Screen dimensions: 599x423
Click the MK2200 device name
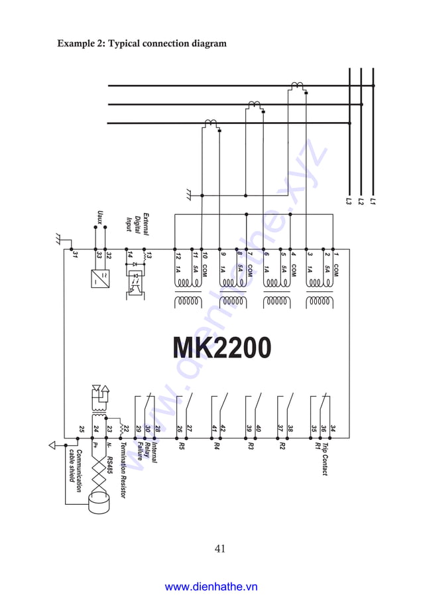[x=221, y=348]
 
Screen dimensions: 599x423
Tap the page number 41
[x=221, y=548]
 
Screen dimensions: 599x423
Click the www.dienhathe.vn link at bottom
[x=211, y=586]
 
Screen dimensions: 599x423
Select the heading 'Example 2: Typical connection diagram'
[x=142, y=44]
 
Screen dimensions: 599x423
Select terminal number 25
[x=81, y=430]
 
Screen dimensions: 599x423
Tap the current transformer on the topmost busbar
[x=296, y=86]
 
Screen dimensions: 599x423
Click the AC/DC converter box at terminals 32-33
[x=100, y=277]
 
